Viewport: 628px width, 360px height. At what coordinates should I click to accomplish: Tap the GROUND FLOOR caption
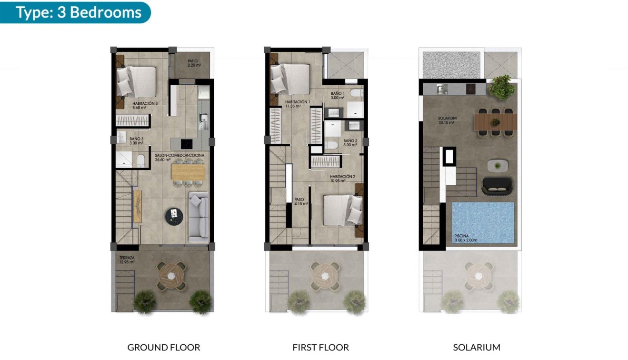tap(164, 347)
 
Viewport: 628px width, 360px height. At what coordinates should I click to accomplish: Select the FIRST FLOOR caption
tap(320, 347)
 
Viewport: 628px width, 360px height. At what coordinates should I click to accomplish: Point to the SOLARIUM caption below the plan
tap(477, 347)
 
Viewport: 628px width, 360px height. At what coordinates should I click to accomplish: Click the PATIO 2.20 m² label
tap(192, 63)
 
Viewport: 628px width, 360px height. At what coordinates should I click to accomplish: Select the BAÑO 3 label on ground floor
tap(136, 140)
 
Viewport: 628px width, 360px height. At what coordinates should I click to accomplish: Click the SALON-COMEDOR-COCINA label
tap(179, 158)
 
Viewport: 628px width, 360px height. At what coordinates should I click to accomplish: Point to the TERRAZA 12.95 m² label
tap(127, 260)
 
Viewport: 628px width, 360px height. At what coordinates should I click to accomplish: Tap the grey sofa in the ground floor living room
tap(199, 217)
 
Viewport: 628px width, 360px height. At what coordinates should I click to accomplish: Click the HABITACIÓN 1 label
tap(297, 104)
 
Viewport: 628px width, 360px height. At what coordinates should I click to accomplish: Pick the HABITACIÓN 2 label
tap(342, 179)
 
